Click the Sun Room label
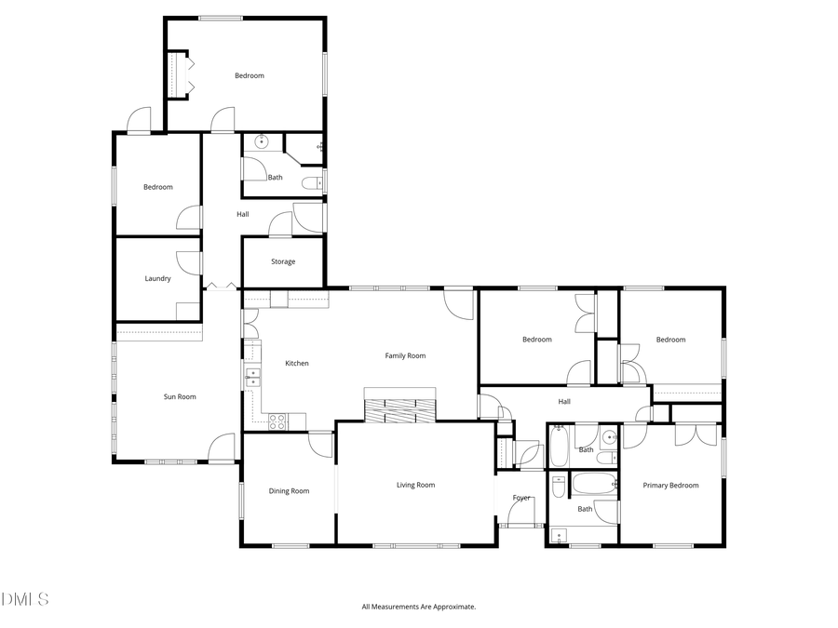(180, 397)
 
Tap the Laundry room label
(157, 278)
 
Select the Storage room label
(283, 261)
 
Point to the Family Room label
(405, 355)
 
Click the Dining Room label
(289, 491)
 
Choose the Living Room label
(415, 485)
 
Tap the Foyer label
(521, 498)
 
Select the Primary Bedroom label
(670, 485)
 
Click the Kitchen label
(296, 363)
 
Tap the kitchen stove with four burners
(277, 421)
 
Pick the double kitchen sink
(252, 377)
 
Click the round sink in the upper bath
(262, 142)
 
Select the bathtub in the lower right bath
(593, 484)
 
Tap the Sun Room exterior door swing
(222, 448)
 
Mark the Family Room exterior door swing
(458, 304)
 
